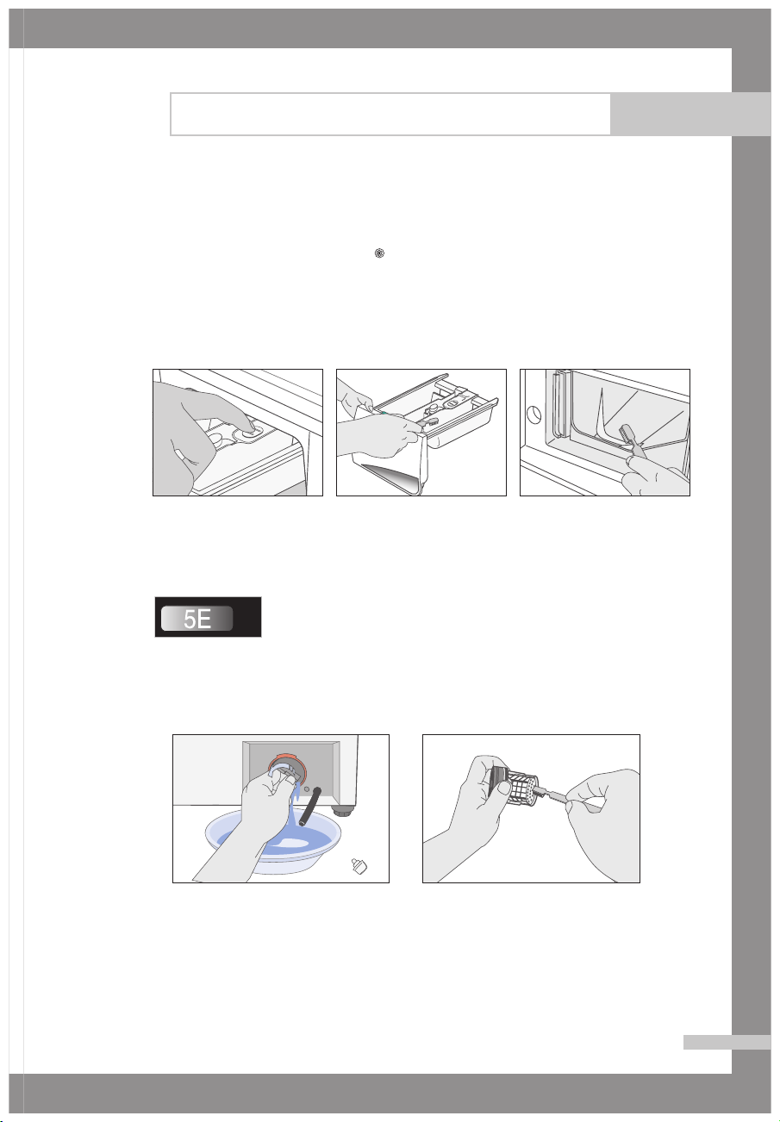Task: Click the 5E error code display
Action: pyautogui.click(x=208, y=617)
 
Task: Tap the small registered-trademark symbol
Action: pyautogui.click(x=379, y=253)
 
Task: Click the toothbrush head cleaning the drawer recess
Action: pyautogui.click(x=625, y=431)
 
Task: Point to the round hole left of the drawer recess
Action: pyautogui.click(x=534, y=415)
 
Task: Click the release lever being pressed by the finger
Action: pyautogui.click(x=248, y=431)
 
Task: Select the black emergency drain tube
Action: pyautogui.click(x=309, y=806)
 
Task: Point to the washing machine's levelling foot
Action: pyautogui.click(x=344, y=809)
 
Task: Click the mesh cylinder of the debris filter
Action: pyautogui.click(x=522, y=787)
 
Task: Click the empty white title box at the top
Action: pyautogui.click(x=390, y=115)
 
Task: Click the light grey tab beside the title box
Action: pyautogui.click(x=690, y=115)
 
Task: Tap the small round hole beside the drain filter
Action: pyautogui.click(x=307, y=789)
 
